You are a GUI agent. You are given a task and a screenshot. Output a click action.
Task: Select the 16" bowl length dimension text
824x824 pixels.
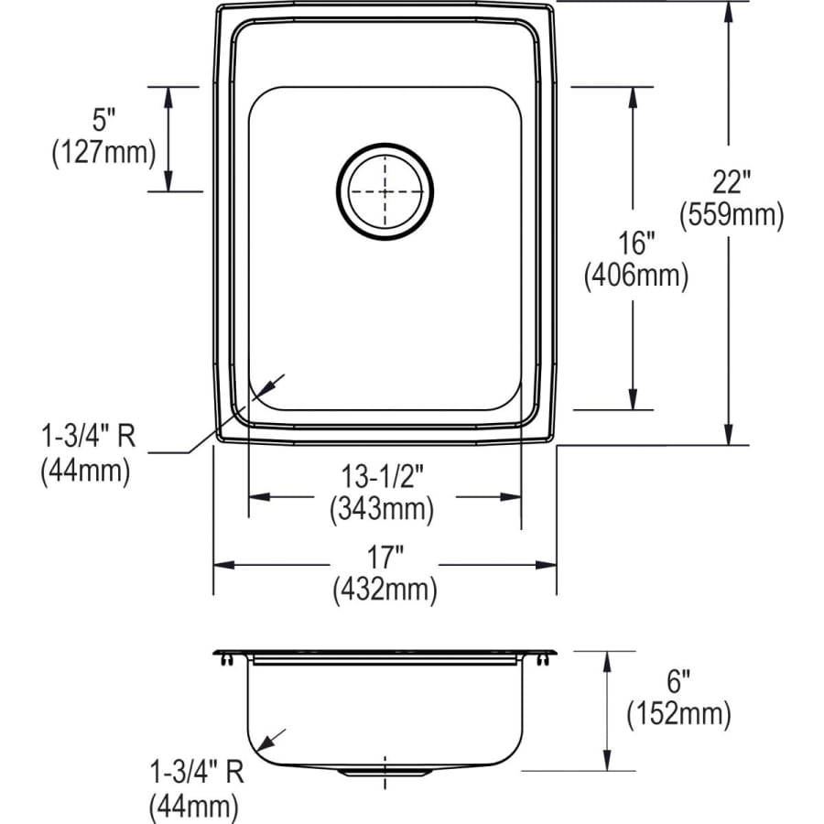(635, 244)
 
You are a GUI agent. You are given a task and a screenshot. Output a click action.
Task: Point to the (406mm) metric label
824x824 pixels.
(636, 276)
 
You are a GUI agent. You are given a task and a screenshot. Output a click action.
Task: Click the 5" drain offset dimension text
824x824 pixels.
(104, 120)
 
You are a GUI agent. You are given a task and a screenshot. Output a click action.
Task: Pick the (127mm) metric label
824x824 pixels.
(104, 153)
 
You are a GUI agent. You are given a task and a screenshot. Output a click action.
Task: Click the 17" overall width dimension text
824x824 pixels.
(385, 556)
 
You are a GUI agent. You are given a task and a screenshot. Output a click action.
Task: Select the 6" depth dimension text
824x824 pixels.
(678, 682)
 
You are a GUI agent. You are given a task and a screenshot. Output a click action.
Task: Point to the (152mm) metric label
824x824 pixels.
(678, 715)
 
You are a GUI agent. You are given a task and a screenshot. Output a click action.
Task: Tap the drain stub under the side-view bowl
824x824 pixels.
(385, 774)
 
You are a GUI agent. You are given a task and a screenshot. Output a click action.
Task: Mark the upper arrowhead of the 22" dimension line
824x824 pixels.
(729, 11)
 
